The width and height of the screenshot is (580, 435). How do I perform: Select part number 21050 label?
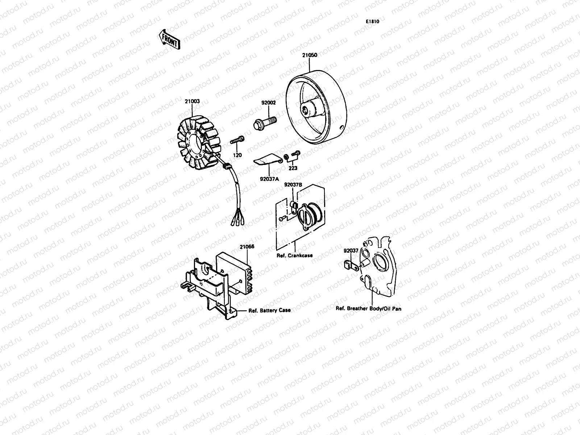pyautogui.click(x=310, y=55)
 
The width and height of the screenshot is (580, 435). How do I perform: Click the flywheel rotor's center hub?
pyautogui.click(x=308, y=108)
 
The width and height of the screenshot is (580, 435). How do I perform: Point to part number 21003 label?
pyautogui.click(x=192, y=102)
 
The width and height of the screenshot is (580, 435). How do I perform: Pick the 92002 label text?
pyautogui.click(x=269, y=103)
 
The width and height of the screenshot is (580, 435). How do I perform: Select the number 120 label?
pyautogui.click(x=237, y=155)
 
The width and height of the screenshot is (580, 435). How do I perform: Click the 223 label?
pyautogui.click(x=293, y=168)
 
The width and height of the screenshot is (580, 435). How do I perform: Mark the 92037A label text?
pyautogui.click(x=269, y=178)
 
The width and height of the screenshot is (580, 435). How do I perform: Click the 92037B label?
pyautogui.click(x=293, y=185)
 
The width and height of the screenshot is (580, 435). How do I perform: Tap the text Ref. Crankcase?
pyautogui.click(x=294, y=255)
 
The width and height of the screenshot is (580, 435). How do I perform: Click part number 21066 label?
pyautogui.click(x=247, y=246)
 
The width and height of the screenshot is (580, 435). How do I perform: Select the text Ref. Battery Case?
pyautogui.click(x=269, y=310)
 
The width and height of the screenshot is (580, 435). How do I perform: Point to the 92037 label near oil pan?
pyautogui.click(x=351, y=250)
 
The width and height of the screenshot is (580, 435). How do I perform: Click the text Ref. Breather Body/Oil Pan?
pyautogui.click(x=368, y=309)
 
